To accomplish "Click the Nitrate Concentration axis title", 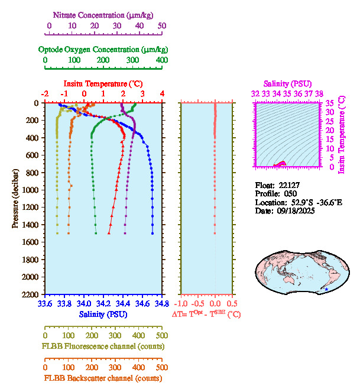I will click(x=104, y=14).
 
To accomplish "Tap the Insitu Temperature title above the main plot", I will click(x=103, y=83).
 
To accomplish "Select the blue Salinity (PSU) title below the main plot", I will click(x=103, y=315).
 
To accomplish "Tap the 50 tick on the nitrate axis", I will click(x=162, y=25).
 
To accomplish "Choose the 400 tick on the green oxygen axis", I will click(x=161, y=60).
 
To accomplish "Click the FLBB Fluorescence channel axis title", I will click(x=103, y=346).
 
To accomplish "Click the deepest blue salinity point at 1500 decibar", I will click(x=152, y=234).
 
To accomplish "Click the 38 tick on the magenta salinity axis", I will click(x=319, y=93).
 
